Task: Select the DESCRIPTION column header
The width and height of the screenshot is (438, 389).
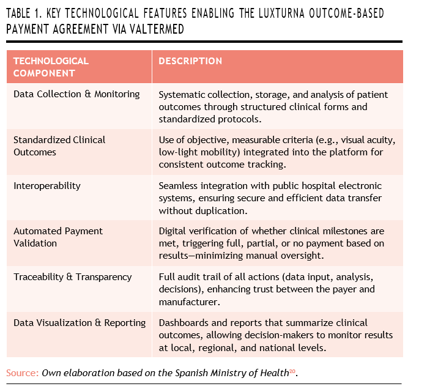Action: pos(190,61)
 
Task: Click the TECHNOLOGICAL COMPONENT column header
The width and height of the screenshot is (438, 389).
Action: pos(51,67)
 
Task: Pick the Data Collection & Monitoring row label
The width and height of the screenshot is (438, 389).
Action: pos(76,94)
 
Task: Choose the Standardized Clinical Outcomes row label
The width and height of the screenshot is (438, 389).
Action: pos(59,146)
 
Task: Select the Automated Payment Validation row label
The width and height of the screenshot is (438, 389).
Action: pos(58,237)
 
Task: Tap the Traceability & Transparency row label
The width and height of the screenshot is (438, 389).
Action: pos(72,276)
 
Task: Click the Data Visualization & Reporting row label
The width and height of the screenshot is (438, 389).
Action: pos(80,322)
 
